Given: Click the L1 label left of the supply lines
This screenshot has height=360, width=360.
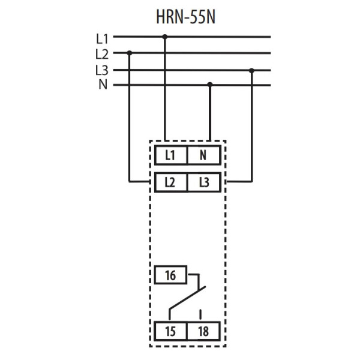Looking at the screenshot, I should [103, 38].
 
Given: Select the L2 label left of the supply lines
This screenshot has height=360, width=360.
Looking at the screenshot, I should [103, 53].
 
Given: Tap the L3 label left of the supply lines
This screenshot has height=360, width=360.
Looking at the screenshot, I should [103, 70].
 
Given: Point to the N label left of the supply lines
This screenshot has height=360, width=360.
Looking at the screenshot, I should [103, 85].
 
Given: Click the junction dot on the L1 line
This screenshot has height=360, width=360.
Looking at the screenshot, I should [165, 37].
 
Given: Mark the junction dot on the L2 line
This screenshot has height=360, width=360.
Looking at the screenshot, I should [130, 53].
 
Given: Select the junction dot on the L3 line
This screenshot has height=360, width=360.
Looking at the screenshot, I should [252, 70].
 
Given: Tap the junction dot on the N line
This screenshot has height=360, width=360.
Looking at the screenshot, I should [209, 85].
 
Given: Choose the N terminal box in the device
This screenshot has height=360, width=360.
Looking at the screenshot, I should [203, 155].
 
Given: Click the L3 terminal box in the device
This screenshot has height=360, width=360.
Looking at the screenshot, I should [203, 181].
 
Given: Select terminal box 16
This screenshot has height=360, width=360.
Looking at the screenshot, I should [171, 276].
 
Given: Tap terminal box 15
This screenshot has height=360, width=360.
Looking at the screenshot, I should [171, 331].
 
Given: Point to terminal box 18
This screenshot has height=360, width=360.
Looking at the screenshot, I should [203, 331].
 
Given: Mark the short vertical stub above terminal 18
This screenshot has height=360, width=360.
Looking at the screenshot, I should [201, 313].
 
